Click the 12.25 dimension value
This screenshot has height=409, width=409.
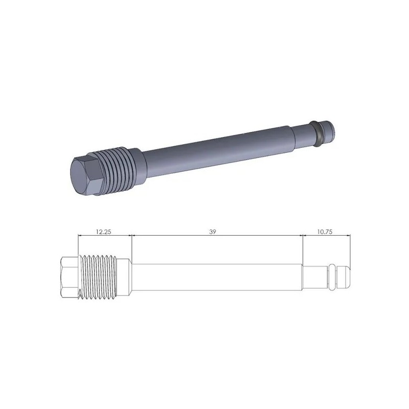tap(104, 232)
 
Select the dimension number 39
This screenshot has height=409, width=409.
tap(213, 232)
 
